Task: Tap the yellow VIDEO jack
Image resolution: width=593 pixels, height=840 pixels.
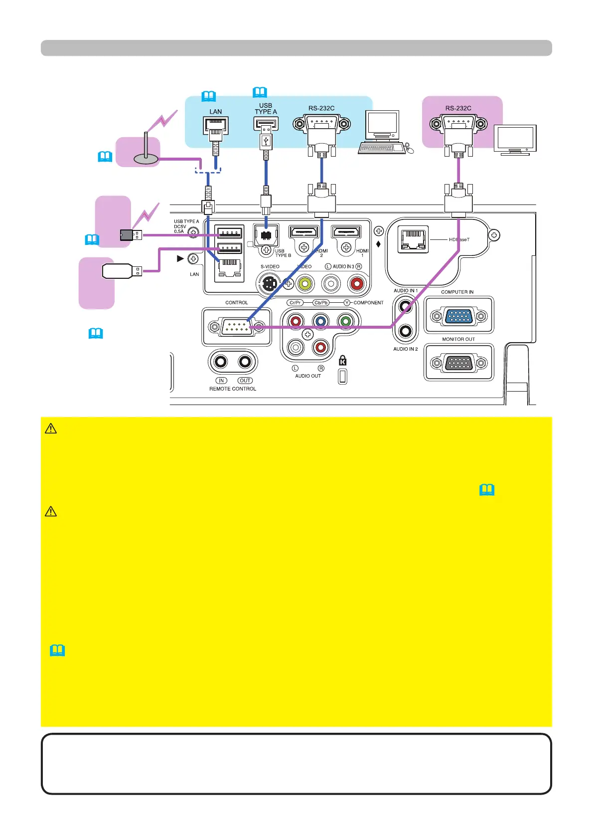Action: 304,284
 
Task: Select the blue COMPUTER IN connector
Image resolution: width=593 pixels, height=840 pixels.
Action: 458,316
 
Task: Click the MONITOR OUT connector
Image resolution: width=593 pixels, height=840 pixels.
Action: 458,363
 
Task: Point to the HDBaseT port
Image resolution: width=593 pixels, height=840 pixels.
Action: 413,239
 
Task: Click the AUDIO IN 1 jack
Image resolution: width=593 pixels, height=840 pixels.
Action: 406,306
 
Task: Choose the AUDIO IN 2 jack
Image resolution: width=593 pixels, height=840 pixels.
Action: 406,330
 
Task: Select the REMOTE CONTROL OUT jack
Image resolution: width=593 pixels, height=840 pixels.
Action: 245,362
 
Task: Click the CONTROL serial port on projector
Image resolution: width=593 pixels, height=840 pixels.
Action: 236,327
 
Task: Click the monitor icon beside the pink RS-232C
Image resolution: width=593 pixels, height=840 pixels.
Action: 515,140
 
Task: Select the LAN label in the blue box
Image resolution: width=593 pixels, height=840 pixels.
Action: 216,112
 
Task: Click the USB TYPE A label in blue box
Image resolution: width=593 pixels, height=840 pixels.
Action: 266,109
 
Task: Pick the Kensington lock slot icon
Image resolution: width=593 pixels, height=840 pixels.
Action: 342,361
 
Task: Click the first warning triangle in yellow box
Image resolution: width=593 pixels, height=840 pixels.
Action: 51,428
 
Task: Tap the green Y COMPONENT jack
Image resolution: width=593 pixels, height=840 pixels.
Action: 344,321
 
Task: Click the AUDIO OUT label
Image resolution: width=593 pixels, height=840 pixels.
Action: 308,376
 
